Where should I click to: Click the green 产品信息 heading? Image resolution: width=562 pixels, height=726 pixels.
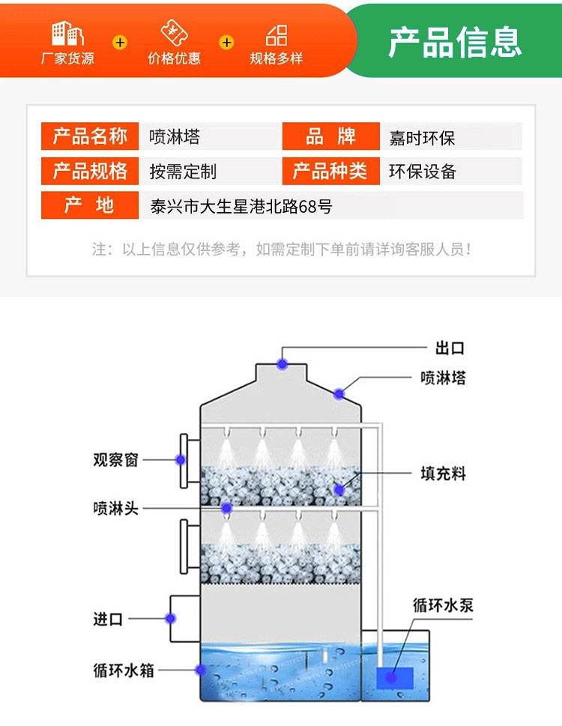pyautogui.click(x=454, y=41)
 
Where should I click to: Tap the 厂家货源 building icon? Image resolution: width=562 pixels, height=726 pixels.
pyautogui.click(x=67, y=34)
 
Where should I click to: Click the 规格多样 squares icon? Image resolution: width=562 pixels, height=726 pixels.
pyautogui.click(x=277, y=34)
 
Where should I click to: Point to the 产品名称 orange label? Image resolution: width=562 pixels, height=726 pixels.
pyautogui.click(x=89, y=137)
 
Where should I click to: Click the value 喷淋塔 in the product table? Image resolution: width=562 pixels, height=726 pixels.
pyautogui.click(x=175, y=137)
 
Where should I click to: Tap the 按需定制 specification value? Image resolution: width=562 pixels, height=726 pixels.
pyautogui.click(x=183, y=172)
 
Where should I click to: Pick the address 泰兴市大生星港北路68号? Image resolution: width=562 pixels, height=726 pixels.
pyautogui.click(x=241, y=206)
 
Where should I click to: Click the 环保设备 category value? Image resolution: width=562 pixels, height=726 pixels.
pyautogui.click(x=422, y=172)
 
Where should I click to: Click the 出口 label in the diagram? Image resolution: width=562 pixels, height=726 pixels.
pyautogui.click(x=450, y=348)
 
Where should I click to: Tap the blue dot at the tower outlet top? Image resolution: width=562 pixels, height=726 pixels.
pyautogui.click(x=282, y=364)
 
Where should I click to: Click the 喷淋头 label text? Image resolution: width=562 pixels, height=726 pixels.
pyautogui.click(x=115, y=508)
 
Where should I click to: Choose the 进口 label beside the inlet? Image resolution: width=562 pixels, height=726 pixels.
pyautogui.click(x=107, y=620)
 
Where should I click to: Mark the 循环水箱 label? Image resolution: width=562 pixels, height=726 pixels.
pyautogui.click(x=124, y=670)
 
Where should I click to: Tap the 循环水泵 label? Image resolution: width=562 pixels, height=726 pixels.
pyautogui.click(x=443, y=605)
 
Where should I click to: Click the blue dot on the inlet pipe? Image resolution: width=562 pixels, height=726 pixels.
pyautogui.click(x=170, y=619)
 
